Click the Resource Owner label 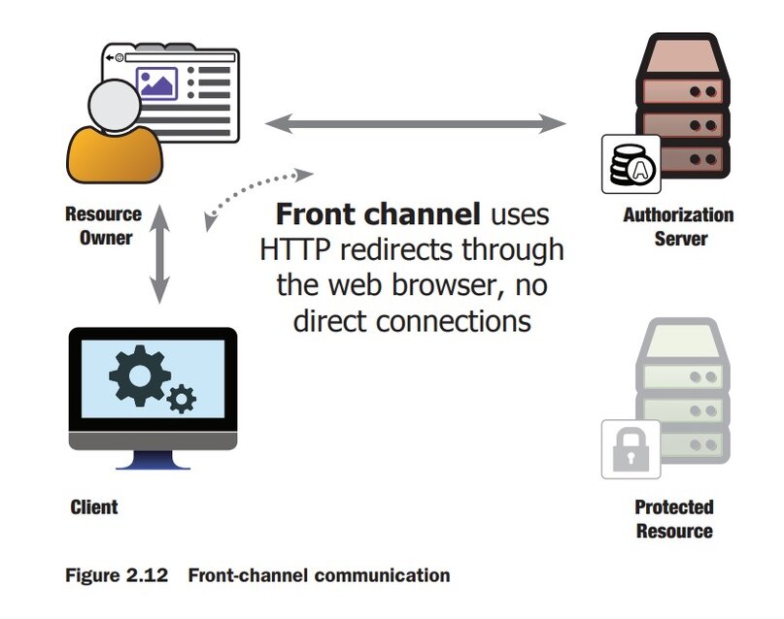pyautogui.click(x=103, y=225)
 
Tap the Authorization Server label pyautogui.click(x=678, y=226)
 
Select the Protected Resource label pyautogui.click(x=673, y=518)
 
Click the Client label pyautogui.click(x=94, y=506)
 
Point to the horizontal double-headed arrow pyautogui.click(x=415, y=123)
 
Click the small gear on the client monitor pyautogui.click(x=182, y=398)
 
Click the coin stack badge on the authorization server pyautogui.click(x=631, y=166)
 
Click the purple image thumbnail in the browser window pyautogui.click(x=156, y=84)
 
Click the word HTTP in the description pyautogui.click(x=293, y=249)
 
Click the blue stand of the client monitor pyautogui.click(x=153, y=464)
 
